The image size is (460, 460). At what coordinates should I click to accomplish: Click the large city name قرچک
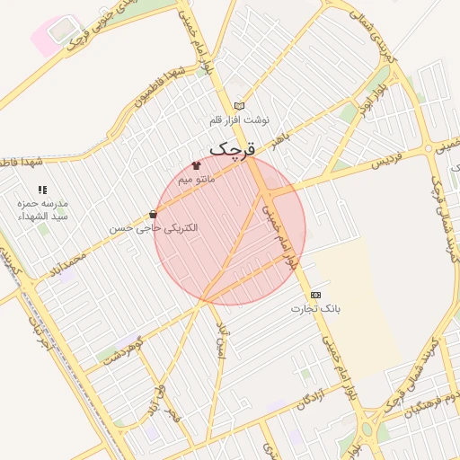(233, 147)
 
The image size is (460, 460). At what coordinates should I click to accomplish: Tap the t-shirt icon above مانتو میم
(196, 165)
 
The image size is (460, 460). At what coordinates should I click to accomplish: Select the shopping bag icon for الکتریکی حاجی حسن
(153, 215)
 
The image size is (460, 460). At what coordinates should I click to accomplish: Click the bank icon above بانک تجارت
(315, 295)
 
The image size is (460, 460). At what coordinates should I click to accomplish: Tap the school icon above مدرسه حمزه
(41, 190)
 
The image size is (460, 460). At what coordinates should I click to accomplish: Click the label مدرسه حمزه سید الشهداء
(42, 210)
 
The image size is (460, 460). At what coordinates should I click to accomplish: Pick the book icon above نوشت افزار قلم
(238, 105)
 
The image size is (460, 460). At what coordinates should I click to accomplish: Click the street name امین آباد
(224, 340)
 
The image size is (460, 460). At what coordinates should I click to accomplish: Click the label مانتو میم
(196, 180)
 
